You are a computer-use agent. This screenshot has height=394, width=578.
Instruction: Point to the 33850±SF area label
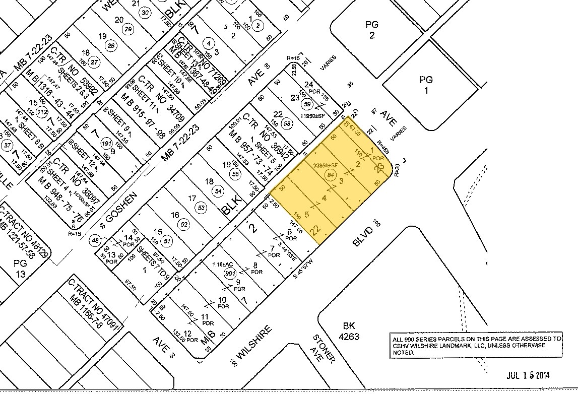click(x=325, y=165)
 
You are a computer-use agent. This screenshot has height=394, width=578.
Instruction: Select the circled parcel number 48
click(x=95, y=241)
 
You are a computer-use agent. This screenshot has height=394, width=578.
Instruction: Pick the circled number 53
click(x=202, y=208)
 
